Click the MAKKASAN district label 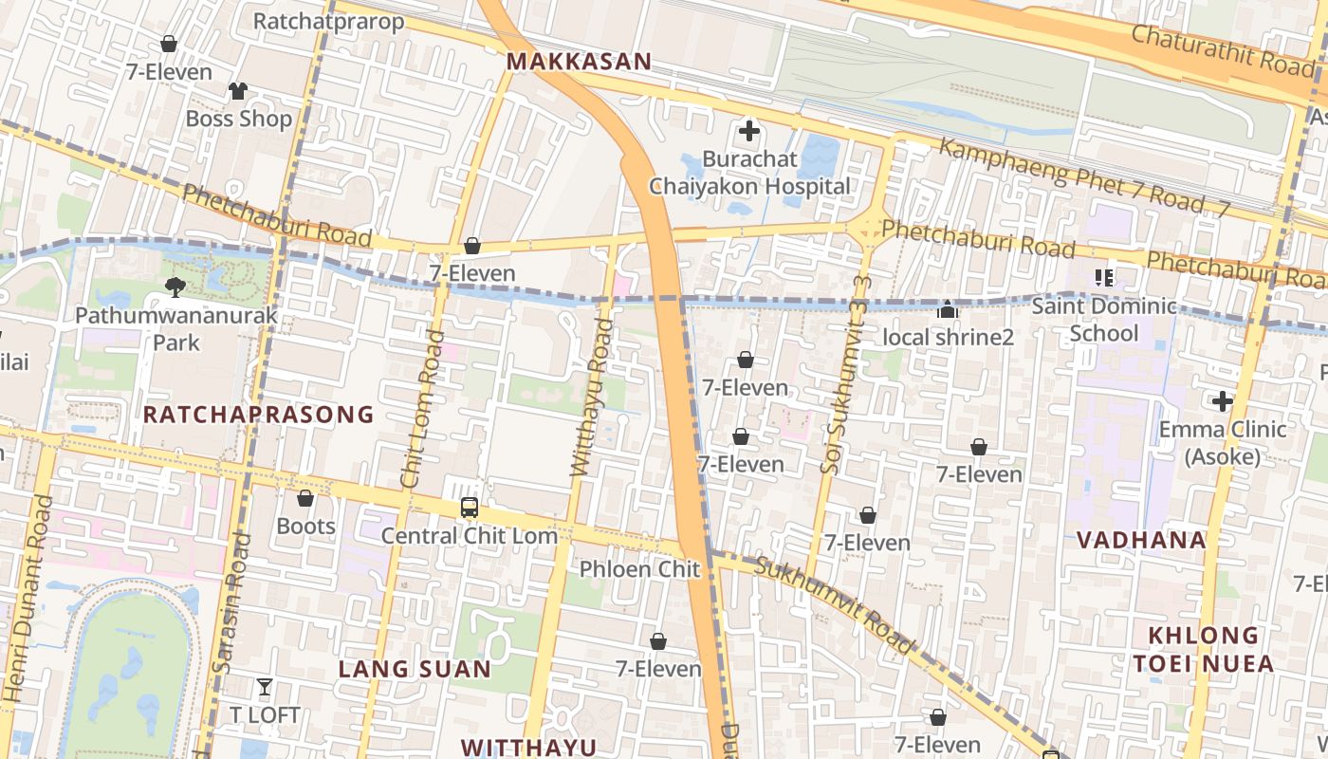(x=579, y=62)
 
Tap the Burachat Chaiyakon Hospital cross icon (x=749, y=131)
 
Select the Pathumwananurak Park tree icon (x=175, y=287)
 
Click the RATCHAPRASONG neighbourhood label (x=259, y=415)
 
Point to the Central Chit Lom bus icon (x=470, y=508)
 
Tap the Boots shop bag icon (x=305, y=498)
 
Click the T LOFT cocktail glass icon (x=265, y=686)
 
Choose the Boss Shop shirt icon (x=237, y=91)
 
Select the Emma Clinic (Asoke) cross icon (x=1223, y=401)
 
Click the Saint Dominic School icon (x=1103, y=278)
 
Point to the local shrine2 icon (x=947, y=309)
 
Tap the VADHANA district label (x=1141, y=540)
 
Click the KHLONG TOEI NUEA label (x=1204, y=649)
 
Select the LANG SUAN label (x=415, y=670)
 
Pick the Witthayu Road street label (x=590, y=398)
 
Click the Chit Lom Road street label (x=422, y=409)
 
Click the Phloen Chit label (x=639, y=569)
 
